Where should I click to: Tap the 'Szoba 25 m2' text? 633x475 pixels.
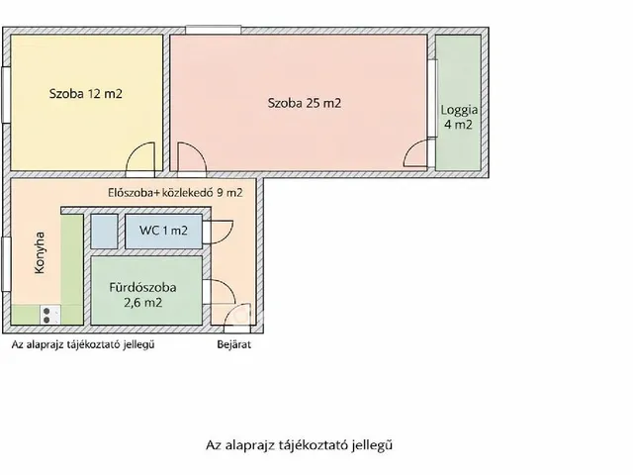[x=305, y=102]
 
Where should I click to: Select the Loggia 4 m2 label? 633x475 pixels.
[x=457, y=118]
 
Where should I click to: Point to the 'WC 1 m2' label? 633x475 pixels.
[x=163, y=232]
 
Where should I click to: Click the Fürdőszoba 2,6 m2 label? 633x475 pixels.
[x=143, y=295]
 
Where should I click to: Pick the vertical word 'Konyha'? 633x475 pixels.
[x=40, y=253]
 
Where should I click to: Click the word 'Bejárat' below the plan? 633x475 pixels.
[x=233, y=345]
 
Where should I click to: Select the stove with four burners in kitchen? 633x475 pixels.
[x=48, y=315]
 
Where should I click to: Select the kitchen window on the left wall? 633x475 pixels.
[x=7, y=266]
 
